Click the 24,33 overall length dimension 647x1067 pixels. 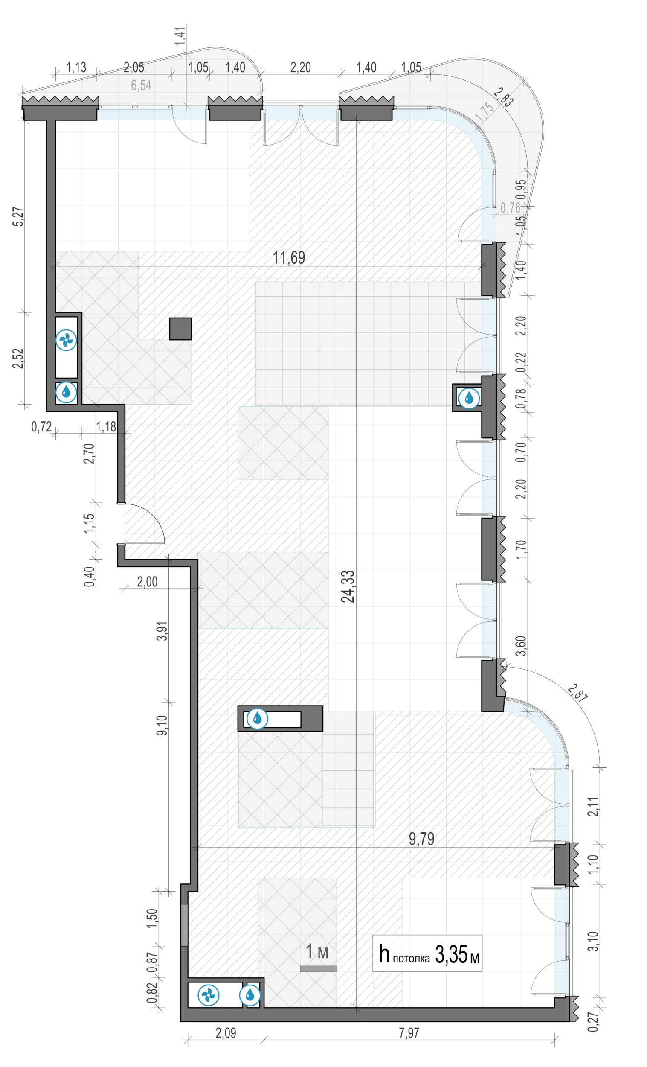(x=348, y=586)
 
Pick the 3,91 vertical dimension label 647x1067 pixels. (x=163, y=632)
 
